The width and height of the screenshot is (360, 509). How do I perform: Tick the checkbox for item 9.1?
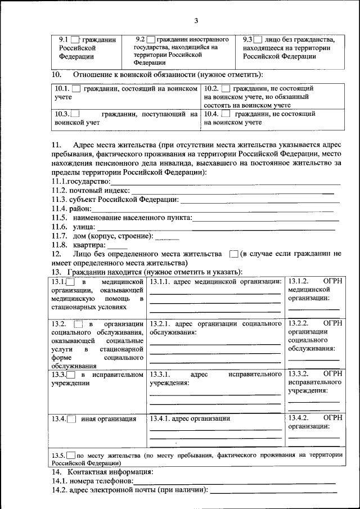pyautogui.click(x=75, y=40)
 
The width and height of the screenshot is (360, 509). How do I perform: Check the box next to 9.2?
pyautogui.click(x=151, y=40)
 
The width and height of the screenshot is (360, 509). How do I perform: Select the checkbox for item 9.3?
pyautogui.click(x=258, y=40)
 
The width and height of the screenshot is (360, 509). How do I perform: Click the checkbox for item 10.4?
pyautogui.click(x=227, y=114)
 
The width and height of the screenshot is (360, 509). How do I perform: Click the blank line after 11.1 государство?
pyautogui.click(x=225, y=184)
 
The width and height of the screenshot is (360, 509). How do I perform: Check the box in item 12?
pyautogui.click(x=235, y=254)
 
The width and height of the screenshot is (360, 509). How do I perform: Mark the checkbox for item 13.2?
pyautogui.click(x=79, y=325)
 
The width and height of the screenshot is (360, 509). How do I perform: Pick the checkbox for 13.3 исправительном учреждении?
pyautogui.click(x=71, y=375)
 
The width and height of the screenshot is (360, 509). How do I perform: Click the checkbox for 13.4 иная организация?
pyautogui.click(x=71, y=419)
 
